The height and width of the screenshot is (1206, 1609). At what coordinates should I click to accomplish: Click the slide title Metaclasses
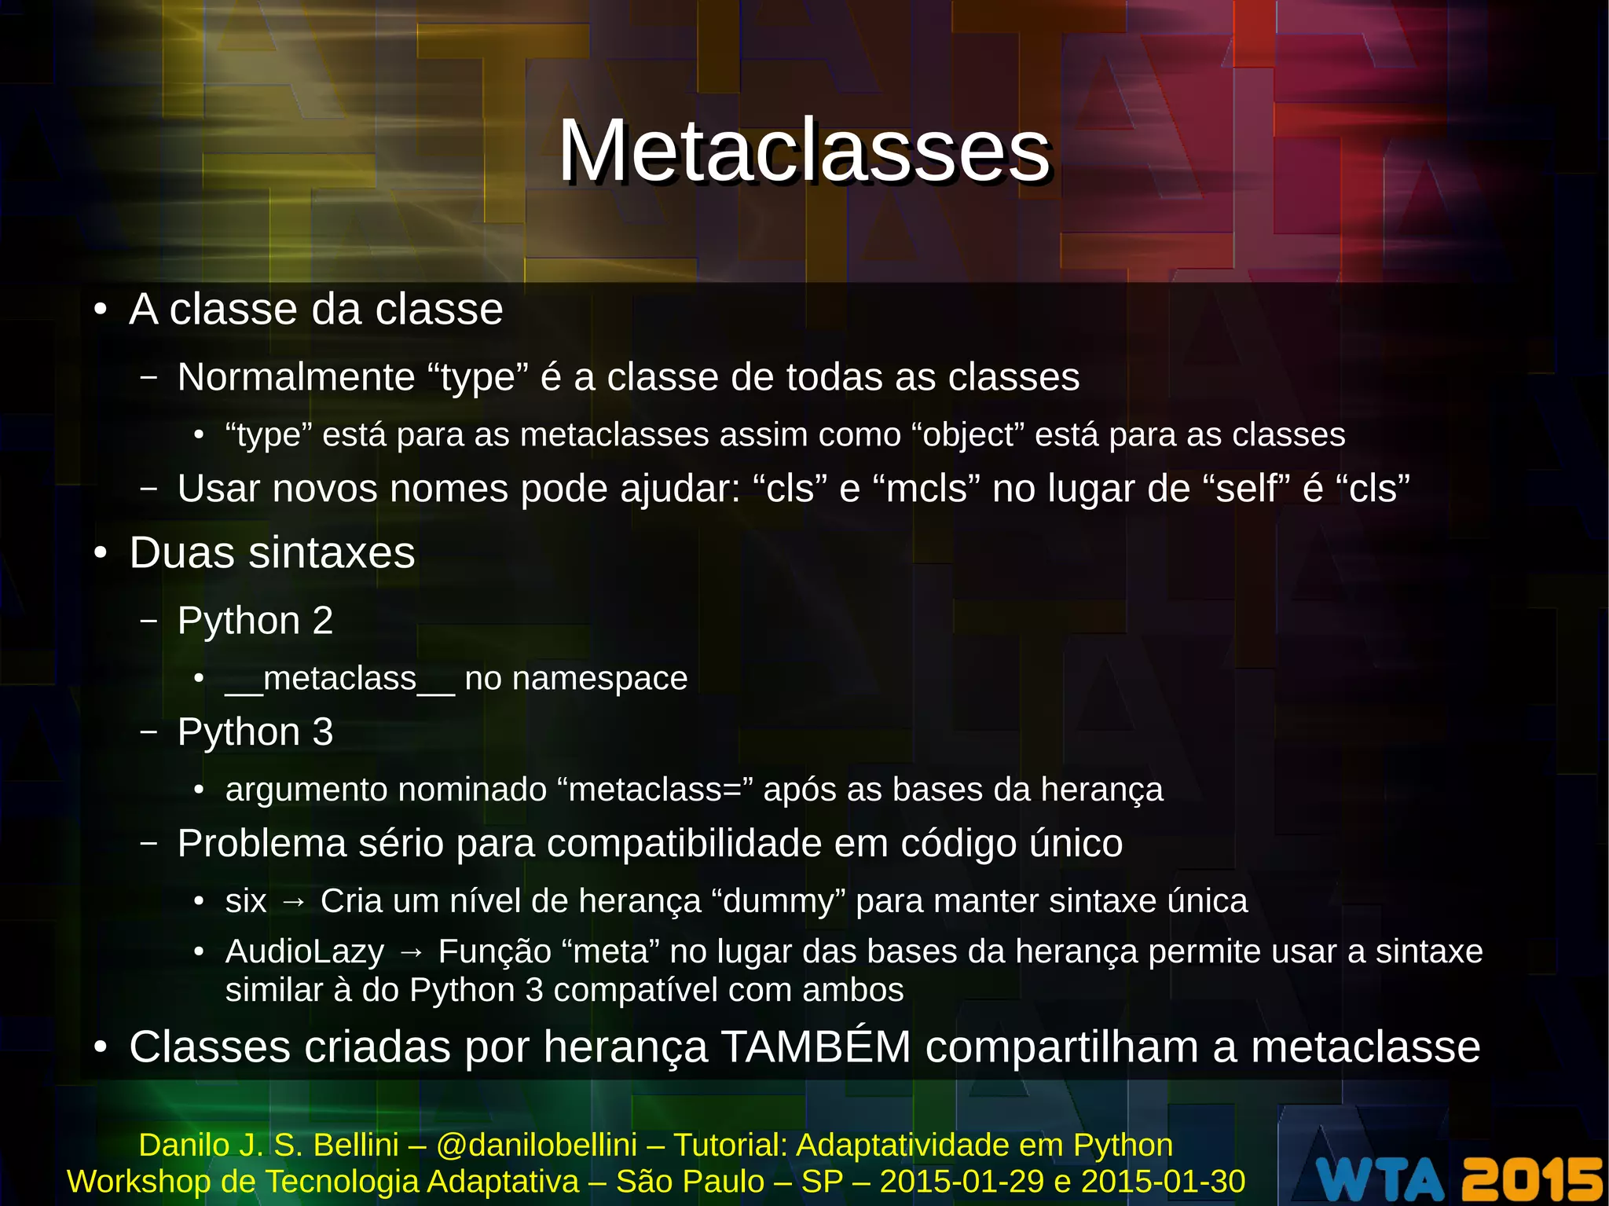coord(804,151)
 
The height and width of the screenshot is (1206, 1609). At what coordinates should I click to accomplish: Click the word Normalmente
coord(295,377)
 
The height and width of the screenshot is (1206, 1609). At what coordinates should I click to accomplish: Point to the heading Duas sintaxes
coord(272,552)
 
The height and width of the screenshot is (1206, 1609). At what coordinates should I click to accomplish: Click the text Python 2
coord(255,621)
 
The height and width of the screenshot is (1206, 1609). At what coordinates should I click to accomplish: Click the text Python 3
coord(255,732)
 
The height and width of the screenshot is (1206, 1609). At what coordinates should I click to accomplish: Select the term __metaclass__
coord(339,679)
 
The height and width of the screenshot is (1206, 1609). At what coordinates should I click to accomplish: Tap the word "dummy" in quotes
coord(778,901)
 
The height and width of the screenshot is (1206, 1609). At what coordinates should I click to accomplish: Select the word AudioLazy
coord(305,952)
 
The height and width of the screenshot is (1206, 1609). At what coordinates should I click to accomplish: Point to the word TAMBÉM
coord(815,1047)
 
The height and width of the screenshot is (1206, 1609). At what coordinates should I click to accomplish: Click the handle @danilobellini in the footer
coord(537,1146)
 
